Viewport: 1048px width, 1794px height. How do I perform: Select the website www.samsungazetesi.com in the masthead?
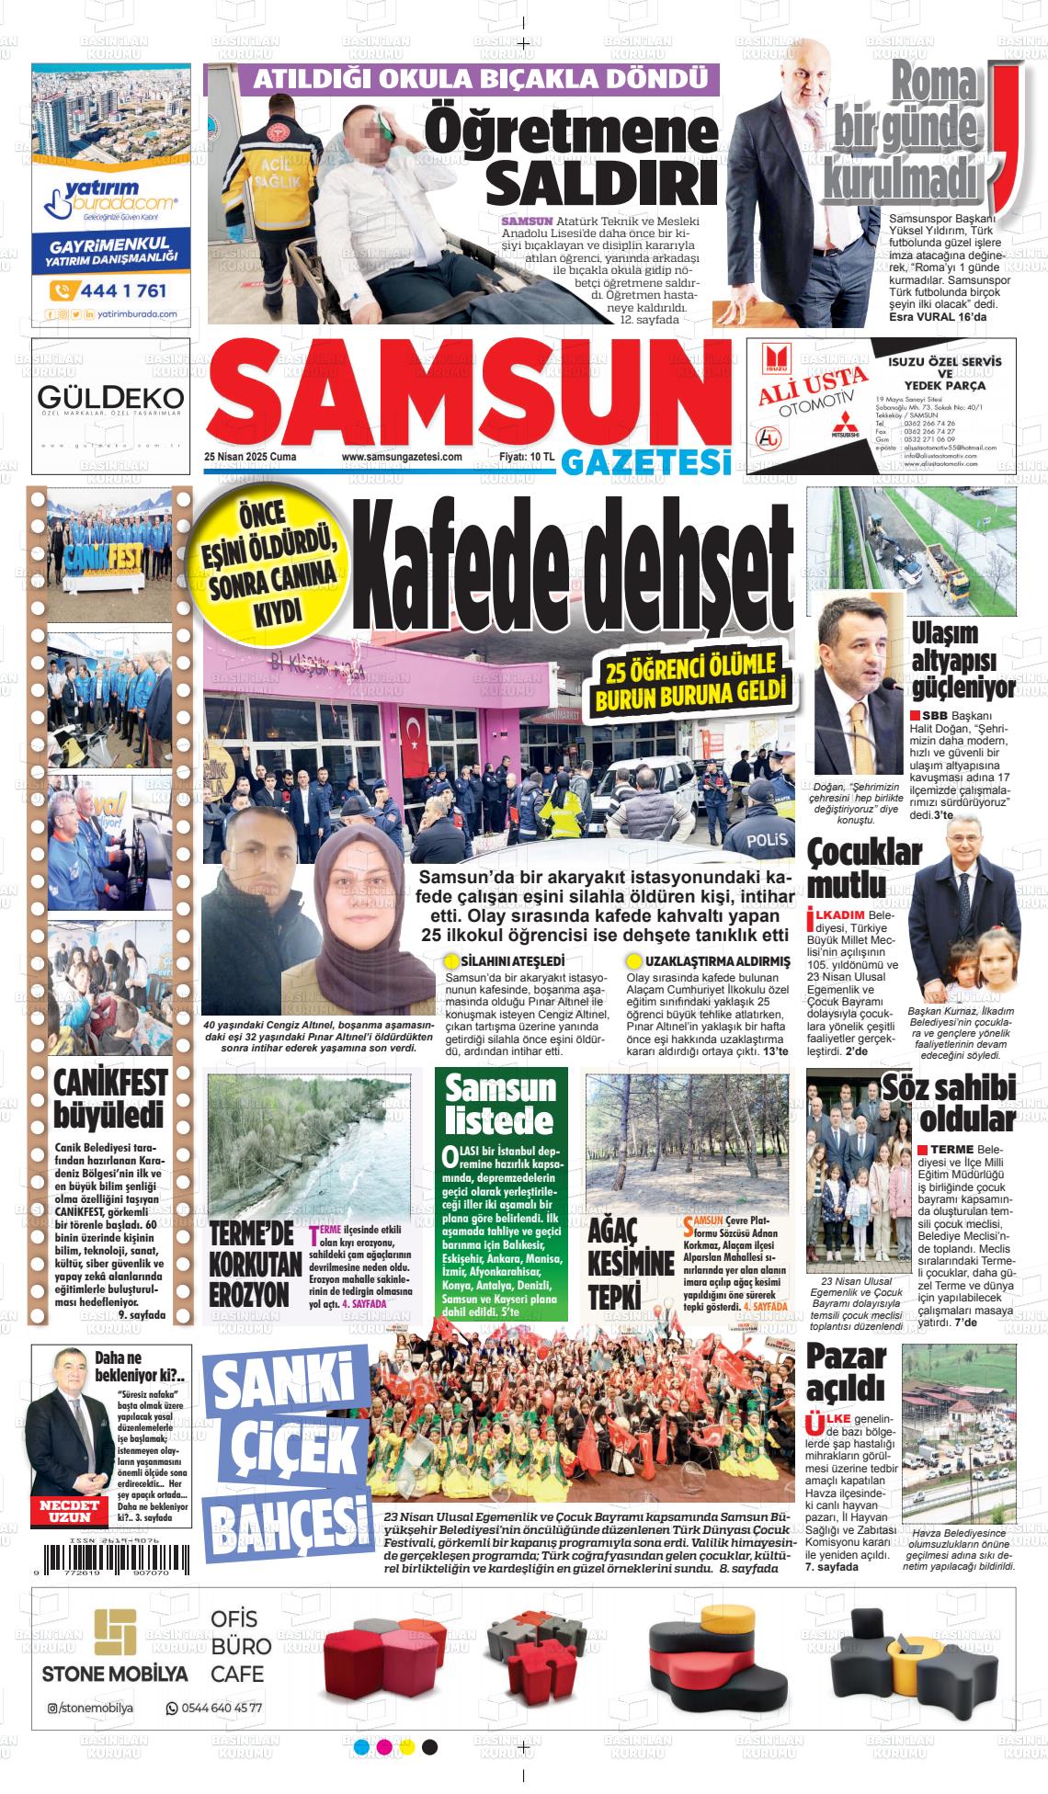[401, 457]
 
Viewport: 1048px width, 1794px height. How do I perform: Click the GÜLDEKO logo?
[110, 398]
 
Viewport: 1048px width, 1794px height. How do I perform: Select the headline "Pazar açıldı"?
[847, 1369]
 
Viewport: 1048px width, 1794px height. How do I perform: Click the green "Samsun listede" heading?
[500, 1104]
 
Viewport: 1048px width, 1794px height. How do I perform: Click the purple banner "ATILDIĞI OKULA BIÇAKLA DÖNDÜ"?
[461, 80]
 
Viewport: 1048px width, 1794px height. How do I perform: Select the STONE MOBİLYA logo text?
[115, 1675]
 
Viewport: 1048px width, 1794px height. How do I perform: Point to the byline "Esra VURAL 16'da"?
[938, 317]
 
